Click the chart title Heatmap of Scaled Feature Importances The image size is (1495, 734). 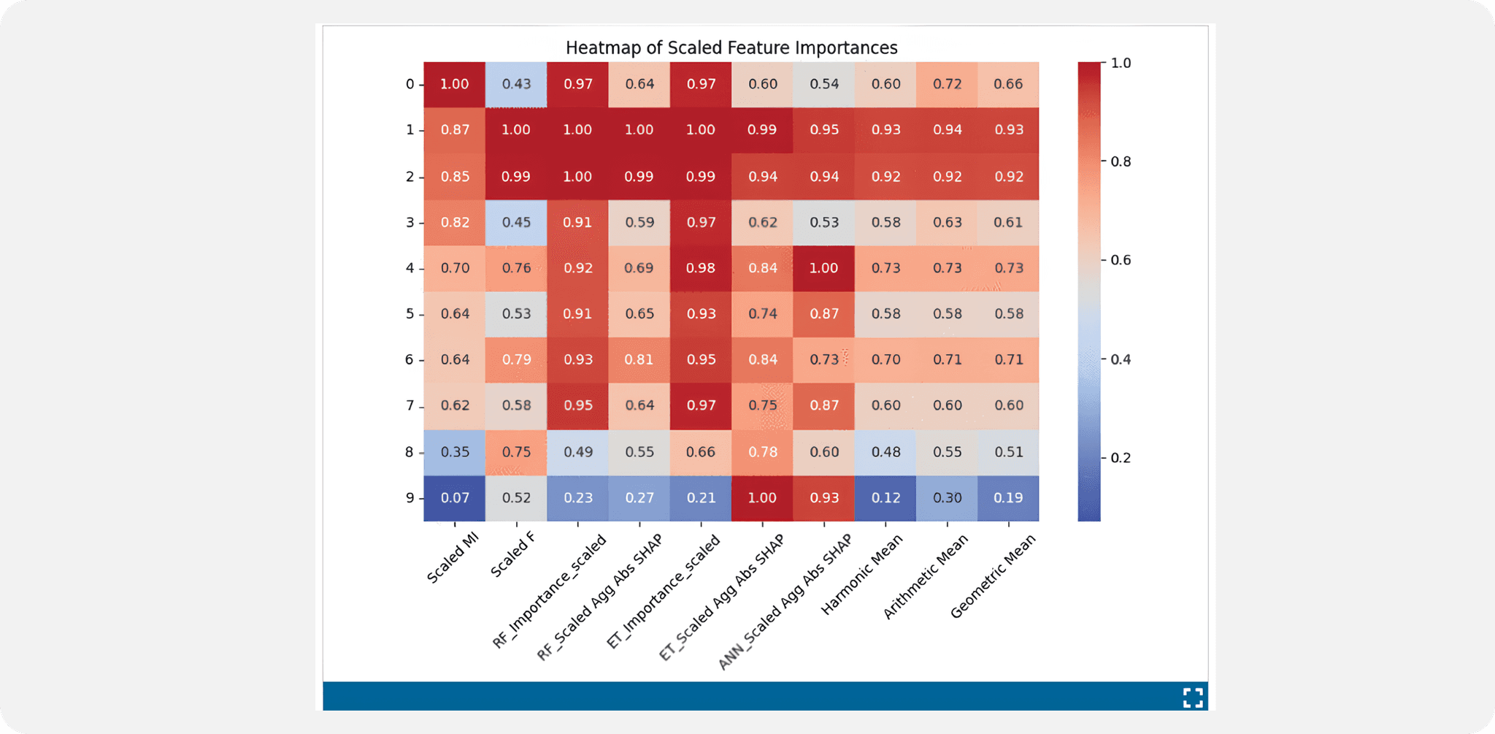click(x=731, y=48)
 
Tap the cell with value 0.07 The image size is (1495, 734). click(x=454, y=498)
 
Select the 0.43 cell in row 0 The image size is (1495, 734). click(x=516, y=84)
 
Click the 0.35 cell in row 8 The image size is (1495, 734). click(x=454, y=452)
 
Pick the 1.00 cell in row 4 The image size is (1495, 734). click(x=823, y=268)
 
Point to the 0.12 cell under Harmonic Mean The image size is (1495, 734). click(x=885, y=498)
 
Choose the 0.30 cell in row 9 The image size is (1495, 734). click(x=947, y=498)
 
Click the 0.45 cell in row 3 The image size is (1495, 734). click(x=516, y=222)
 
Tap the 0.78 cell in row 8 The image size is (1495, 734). click(x=762, y=452)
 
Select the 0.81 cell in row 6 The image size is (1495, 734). click(x=639, y=359)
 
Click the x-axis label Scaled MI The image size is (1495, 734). click(x=453, y=559)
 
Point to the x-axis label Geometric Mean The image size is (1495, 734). click(x=993, y=577)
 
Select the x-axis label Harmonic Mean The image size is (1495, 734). click(x=861, y=575)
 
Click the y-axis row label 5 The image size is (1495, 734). click(x=410, y=314)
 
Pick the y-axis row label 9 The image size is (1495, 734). click(x=410, y=498)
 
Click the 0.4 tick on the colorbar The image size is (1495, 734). click(x=1120, y=359)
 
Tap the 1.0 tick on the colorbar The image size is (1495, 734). click(x=1120, y=64)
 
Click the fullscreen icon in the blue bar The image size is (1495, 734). click(x=1192, y=697)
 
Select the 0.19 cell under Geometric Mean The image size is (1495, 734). click(x=1008, y=498)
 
